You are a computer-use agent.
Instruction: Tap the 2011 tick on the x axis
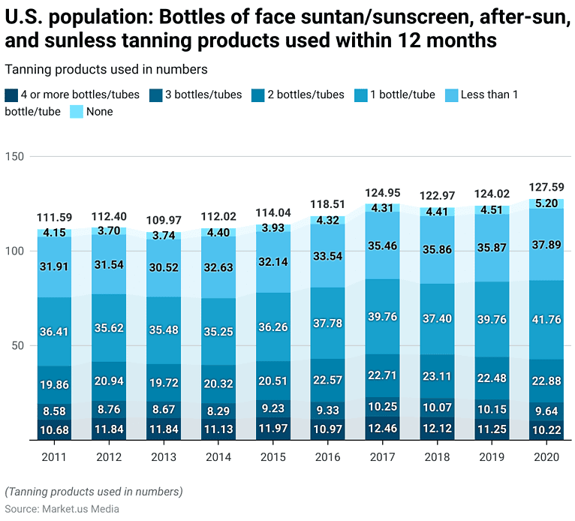tap(54, 456)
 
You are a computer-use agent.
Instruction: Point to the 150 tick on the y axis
tap(16, 156)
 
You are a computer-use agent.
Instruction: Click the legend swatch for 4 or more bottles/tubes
tap(11, 95)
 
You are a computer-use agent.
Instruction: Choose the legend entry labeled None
tap(99, 111)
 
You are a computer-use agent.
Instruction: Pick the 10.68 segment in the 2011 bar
tap(54, 430)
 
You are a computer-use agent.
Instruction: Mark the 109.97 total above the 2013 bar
tap(164, 220)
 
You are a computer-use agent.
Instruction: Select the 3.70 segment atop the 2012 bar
tap(109, 231)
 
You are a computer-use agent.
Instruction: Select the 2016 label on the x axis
tap(327, 456)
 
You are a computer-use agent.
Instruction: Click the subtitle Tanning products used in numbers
tap(106, 69)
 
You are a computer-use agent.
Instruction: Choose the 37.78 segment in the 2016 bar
tap(327, 323)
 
